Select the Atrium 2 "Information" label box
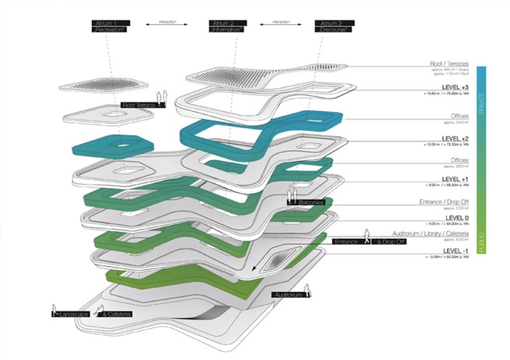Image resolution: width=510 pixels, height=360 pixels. [x=226, y=27]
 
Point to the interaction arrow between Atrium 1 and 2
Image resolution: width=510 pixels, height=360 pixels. [x=168, y=23]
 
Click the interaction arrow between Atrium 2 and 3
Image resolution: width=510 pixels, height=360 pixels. [x=280, y=23]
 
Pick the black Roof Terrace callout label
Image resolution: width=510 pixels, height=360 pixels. [x=139, y=105]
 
